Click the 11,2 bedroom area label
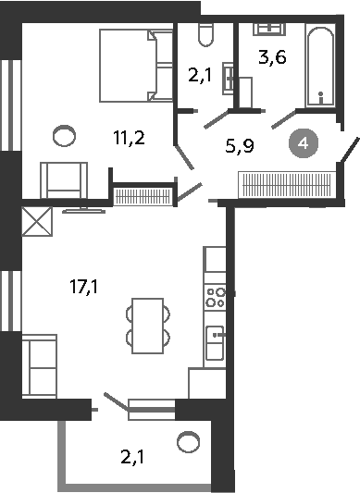[129, 138]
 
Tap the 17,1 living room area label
[83, 287]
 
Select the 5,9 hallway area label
[240, 146]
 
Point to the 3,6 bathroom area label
[272, 57]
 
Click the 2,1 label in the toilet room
[200, 76]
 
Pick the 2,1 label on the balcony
[132, 457]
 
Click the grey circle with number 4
[304, 143]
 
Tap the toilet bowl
[206, 34]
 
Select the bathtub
[320, 67]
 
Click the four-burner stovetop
[216, 298]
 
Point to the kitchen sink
[216, 343]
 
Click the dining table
[148, 326]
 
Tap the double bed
[136, 66]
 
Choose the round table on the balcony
[188, 442]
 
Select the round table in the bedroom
[64, 136]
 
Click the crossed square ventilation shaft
[37, 221]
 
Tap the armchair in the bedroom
[64, 180]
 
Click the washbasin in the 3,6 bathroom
[269, 29]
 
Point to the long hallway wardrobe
[287, 185]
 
